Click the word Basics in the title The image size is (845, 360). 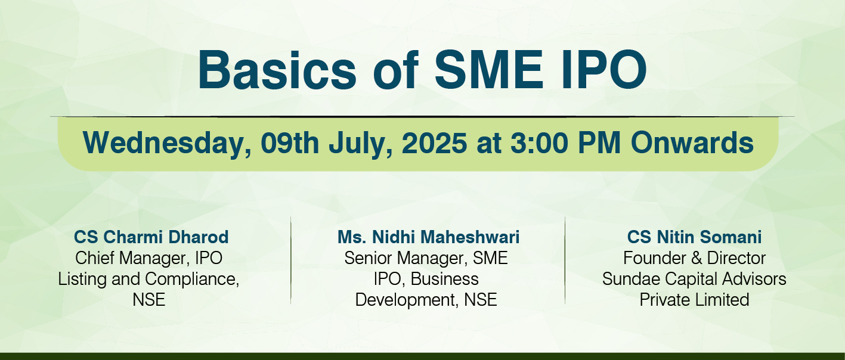coord(277,70)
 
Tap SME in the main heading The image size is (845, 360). coord(489,70)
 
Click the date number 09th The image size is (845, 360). coord(290,143)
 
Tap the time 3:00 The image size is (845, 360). coord(540,143)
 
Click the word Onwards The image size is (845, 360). coord(692,143)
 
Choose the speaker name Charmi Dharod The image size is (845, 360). coord(166,237)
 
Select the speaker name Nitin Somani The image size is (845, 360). coord(709,237)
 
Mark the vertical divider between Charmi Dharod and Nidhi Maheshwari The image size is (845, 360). coord(291,260)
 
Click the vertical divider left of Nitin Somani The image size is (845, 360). coord(565,260)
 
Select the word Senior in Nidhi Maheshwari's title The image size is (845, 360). coord(368,258)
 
